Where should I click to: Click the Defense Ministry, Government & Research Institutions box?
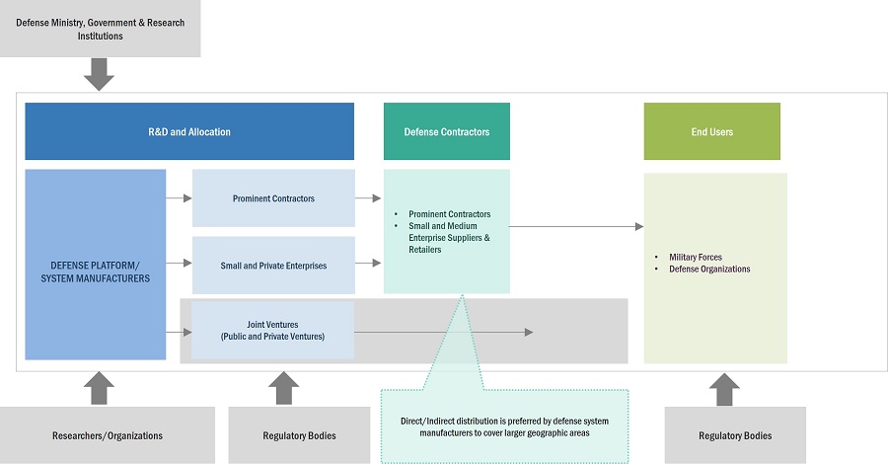[100, 29]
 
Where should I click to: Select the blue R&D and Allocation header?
[189, 131]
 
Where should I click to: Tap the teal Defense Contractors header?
[446, 131]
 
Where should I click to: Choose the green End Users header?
[711, 131]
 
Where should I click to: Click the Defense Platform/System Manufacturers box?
[95, 264]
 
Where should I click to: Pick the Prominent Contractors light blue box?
[273, 198]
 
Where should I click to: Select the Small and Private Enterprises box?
[273, 265]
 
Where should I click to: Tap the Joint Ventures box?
[273, 330]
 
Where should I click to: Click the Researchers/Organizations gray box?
[107, 434]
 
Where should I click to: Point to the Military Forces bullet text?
[696, 257]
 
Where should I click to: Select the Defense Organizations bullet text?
[709, 269]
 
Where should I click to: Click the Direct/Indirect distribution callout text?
[504, 426]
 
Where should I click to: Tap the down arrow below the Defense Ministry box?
[100, 73]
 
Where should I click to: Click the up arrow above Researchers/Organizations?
[100, 387]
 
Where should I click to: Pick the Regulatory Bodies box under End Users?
[735, 434]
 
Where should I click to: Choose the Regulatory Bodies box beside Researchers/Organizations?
[286, 434]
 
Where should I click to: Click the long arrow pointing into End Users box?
[576, 227]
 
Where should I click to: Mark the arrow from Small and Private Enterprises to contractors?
[368, 264]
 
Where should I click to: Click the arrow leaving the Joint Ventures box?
[444, 332]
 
